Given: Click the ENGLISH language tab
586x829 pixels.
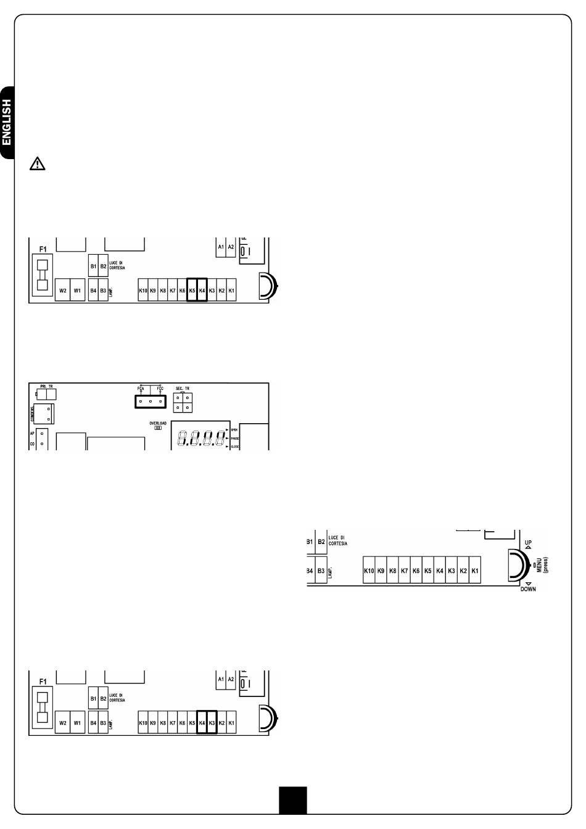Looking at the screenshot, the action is click(x=7, y=122).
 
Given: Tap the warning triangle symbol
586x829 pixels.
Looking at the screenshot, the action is click(x=38, y=163).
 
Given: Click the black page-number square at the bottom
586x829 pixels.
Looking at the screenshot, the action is click(x=292, y=800).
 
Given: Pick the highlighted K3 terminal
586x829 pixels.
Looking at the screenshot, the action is click(x=212, y=722).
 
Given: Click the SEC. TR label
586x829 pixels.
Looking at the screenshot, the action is click(x=183, y=389).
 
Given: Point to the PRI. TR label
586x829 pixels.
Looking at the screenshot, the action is click(x=47, y=386).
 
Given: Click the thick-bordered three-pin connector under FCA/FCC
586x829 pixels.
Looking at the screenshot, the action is click(x=150, y=402).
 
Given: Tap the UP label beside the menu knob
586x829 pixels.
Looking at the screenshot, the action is click(x=528, y=543).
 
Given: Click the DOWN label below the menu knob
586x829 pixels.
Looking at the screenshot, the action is click(x=528, y=588).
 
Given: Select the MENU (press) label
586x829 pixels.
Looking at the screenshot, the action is click(x=542, y=565).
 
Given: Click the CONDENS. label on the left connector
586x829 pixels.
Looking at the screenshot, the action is click(x=33, y=413).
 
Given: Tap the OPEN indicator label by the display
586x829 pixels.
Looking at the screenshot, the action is click(x=235, y=429).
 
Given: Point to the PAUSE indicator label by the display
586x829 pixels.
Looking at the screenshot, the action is click(x=235, y=438).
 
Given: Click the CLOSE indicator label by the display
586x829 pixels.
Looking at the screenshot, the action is click(x=235, y=446).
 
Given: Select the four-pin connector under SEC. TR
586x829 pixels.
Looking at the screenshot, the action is click(x=182, y=403).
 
